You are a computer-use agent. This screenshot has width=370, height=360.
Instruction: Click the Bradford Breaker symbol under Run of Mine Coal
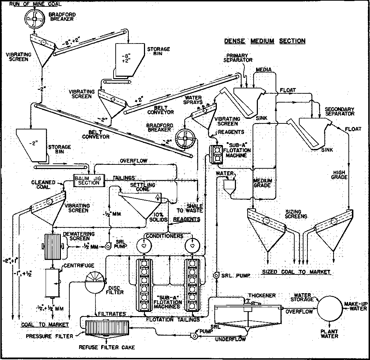[34, 18]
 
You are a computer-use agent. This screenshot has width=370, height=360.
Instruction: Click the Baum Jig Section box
[89, 181]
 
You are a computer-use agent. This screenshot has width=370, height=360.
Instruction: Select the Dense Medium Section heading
[265, 41]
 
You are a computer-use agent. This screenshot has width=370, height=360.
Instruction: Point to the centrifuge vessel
[52, 283]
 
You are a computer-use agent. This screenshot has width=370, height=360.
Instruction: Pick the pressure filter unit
[107, 328]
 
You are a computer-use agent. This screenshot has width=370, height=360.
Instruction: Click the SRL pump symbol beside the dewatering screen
[108, 246]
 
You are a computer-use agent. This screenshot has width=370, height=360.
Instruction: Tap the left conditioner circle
[144, 245]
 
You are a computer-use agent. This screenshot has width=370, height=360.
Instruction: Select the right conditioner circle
[192, 245]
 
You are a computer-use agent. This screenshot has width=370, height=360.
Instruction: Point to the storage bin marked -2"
[32, 145]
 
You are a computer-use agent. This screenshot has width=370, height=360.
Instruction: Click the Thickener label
[262, 296]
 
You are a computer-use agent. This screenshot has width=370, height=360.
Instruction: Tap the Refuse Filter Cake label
[107, 347]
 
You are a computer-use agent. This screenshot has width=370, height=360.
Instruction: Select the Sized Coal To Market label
[296, 272]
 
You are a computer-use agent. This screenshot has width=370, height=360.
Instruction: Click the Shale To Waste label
[190, 208]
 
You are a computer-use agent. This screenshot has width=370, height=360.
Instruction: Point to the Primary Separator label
[238, 58]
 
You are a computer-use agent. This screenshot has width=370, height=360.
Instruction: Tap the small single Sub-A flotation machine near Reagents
[216, 154]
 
